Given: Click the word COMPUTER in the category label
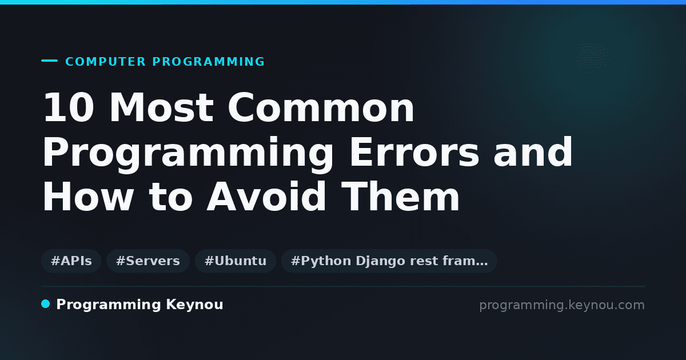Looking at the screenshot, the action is tap(106, 62).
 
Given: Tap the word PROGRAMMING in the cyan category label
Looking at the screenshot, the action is tap(208, 62).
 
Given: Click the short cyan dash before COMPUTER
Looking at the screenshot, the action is tap(49, 61).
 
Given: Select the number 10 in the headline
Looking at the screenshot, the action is tap(69, 107).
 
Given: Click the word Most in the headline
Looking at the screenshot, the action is tap(161, 107).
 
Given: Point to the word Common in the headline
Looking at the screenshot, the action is tap(321, 107).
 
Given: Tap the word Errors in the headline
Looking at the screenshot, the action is tap(414, 152).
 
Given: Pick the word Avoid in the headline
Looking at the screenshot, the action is tap(266, 196).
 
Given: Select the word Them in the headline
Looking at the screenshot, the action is tap(400, 196).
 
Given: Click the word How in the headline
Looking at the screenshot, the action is tap(88, 196).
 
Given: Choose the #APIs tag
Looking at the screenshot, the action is tap(71, 261).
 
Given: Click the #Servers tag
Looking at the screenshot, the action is tap(148, 261).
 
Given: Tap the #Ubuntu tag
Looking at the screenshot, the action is tap(236, 261).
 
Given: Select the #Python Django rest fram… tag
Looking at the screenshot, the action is tap(389, 261).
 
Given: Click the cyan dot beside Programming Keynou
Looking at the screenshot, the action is tap(46, 304).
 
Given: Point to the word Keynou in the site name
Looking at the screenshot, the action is tap(194, 305).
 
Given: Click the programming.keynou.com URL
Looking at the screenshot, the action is tap(562, 305).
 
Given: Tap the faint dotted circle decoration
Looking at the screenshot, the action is tap(592, 58).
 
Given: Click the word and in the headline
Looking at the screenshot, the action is tap(533, 152).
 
